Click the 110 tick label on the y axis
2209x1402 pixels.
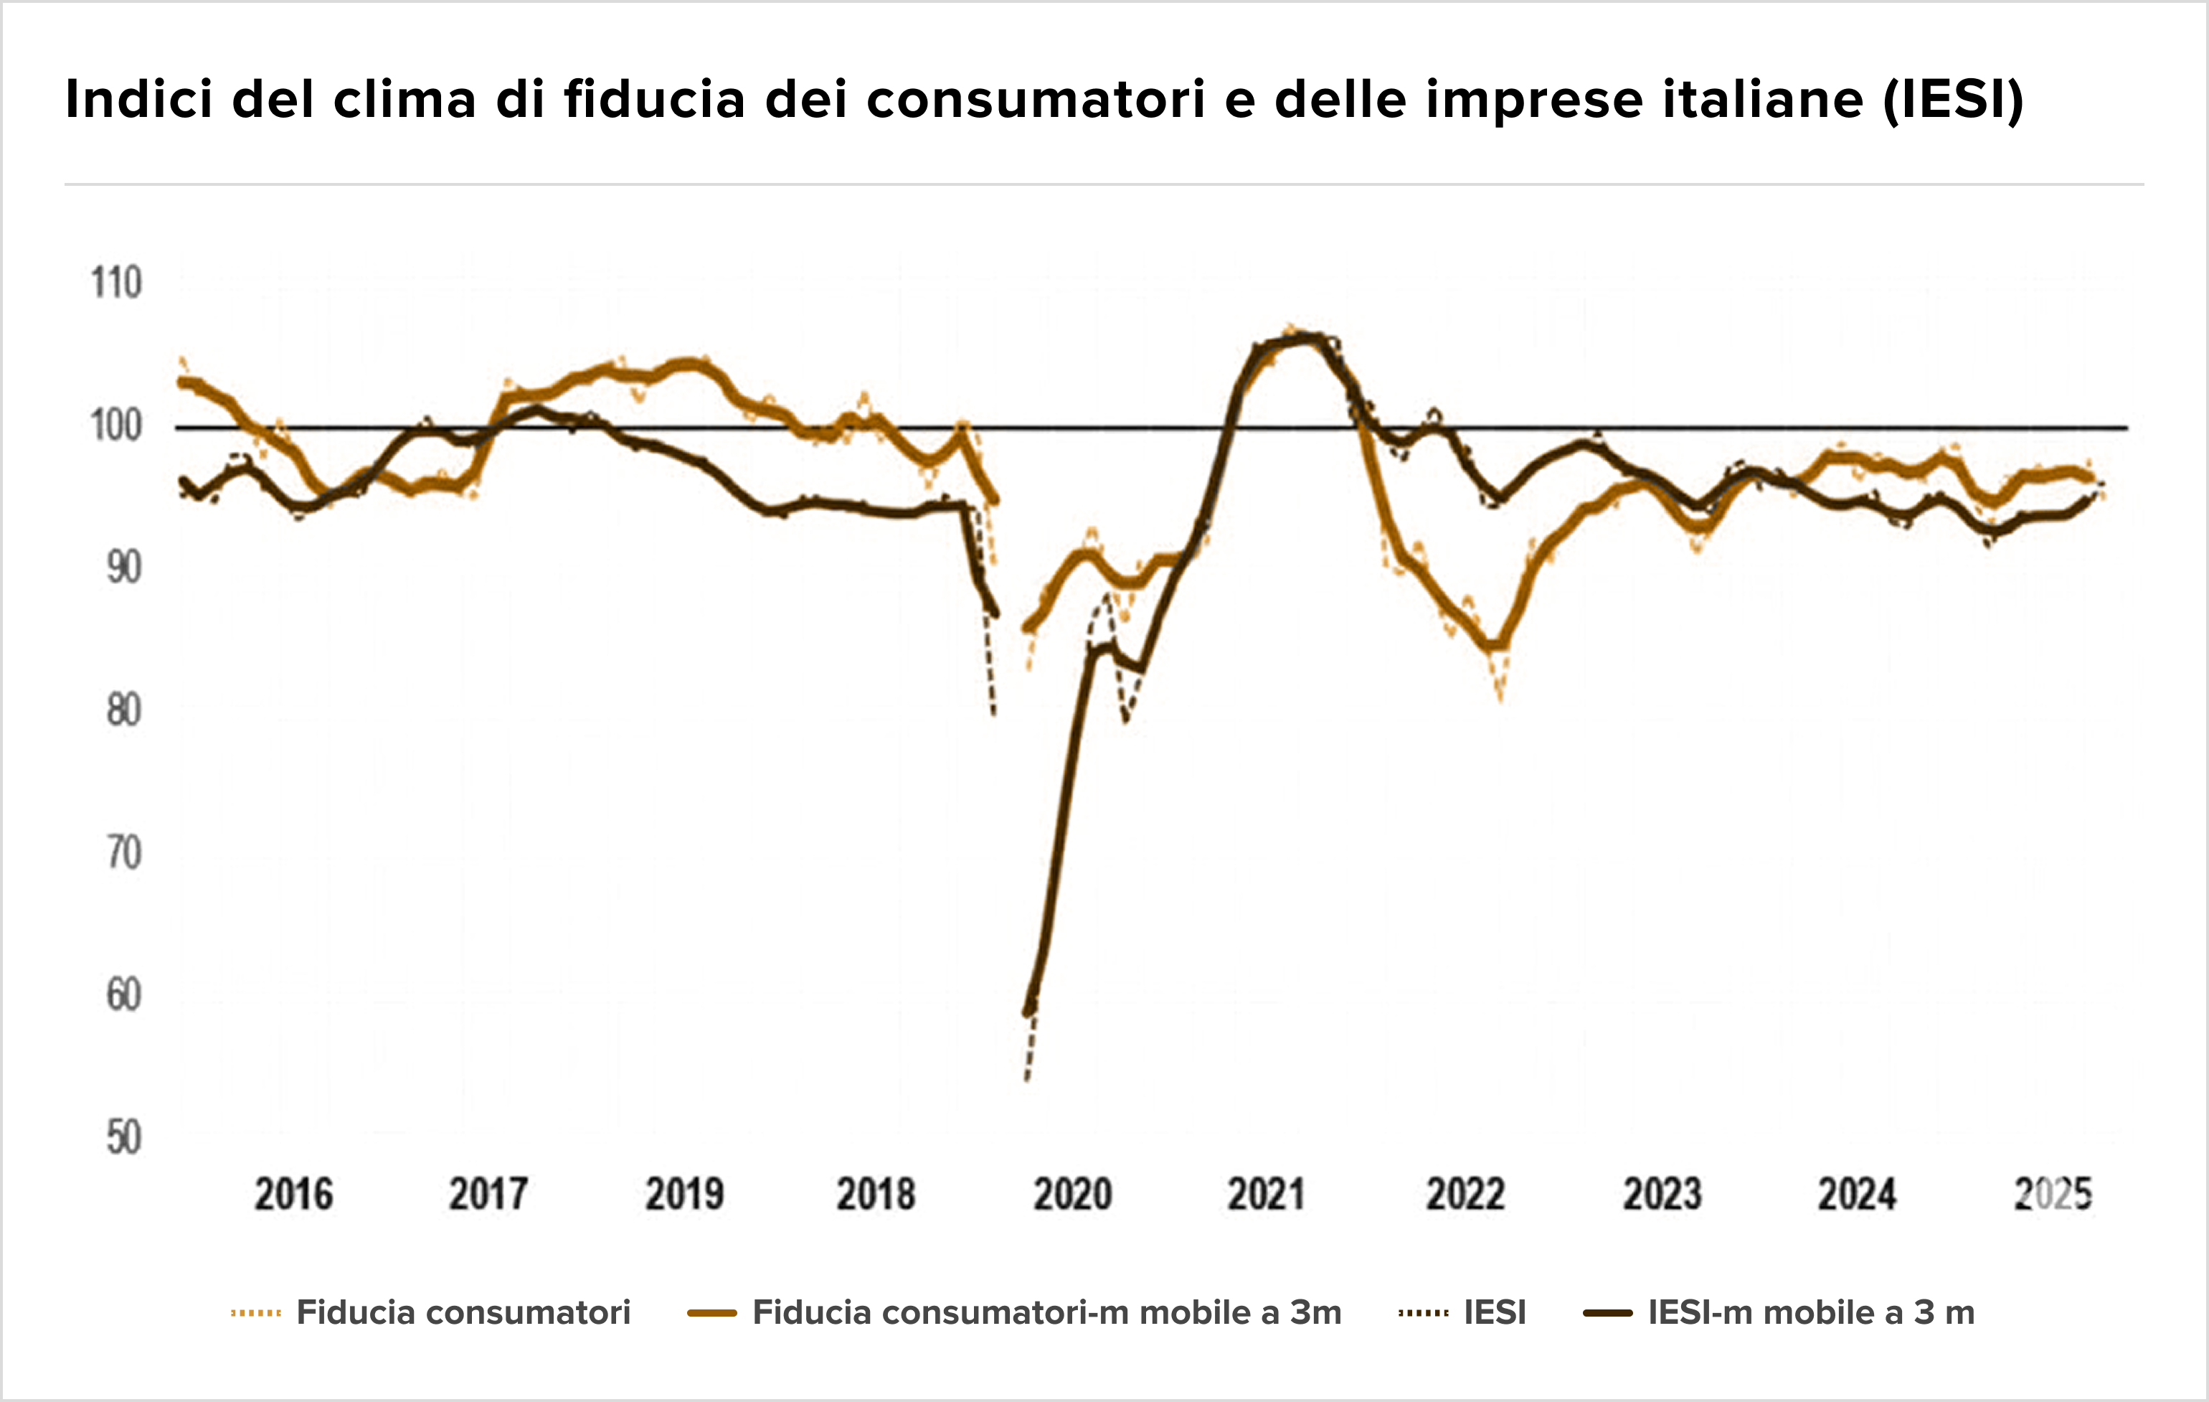pyautogui.click(x=116, y=283)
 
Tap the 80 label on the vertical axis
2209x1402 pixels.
pyautogui.click(x=124, y=711)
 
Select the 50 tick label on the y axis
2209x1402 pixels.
pyautogui.click(x=124, y=1139)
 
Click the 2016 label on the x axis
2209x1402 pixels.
pyautogui.click(x=293, y=1195)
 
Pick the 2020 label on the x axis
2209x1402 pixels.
pyautogui.click(x=1072, y=1195)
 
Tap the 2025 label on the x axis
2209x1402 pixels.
pyautogui.click(x=2053, y=1195)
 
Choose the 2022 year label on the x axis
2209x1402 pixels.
pyautogui.click(x=1465, y=1195)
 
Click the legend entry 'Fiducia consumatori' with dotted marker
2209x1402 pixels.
pyautogui.click(x=430, y=1313)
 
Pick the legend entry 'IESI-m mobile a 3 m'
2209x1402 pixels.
pyautogui.click(x=1779, y=1313)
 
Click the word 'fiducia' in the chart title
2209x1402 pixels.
pyautogui.click(x=654, y=99)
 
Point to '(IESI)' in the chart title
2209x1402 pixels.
pyautogui.click(x=1953, y=99)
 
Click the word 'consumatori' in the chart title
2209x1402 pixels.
pyautogui.click(x=1035, y=99)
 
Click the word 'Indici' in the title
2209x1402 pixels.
pyautogui.click(x=138, y=99)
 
